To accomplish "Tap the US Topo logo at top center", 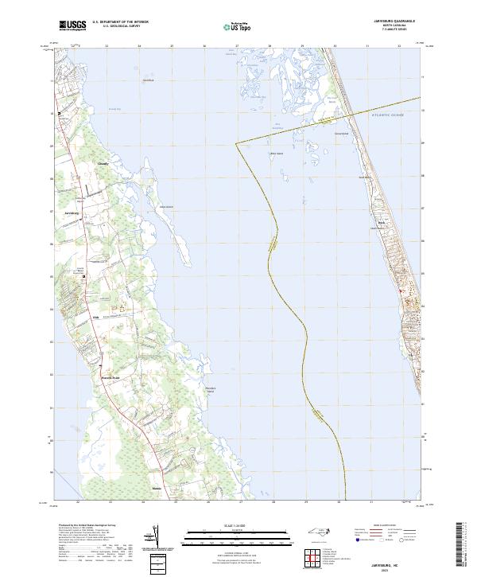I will point(236,26).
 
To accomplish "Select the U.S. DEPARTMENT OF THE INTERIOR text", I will point(120,22).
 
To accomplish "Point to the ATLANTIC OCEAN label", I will point(387,116).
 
